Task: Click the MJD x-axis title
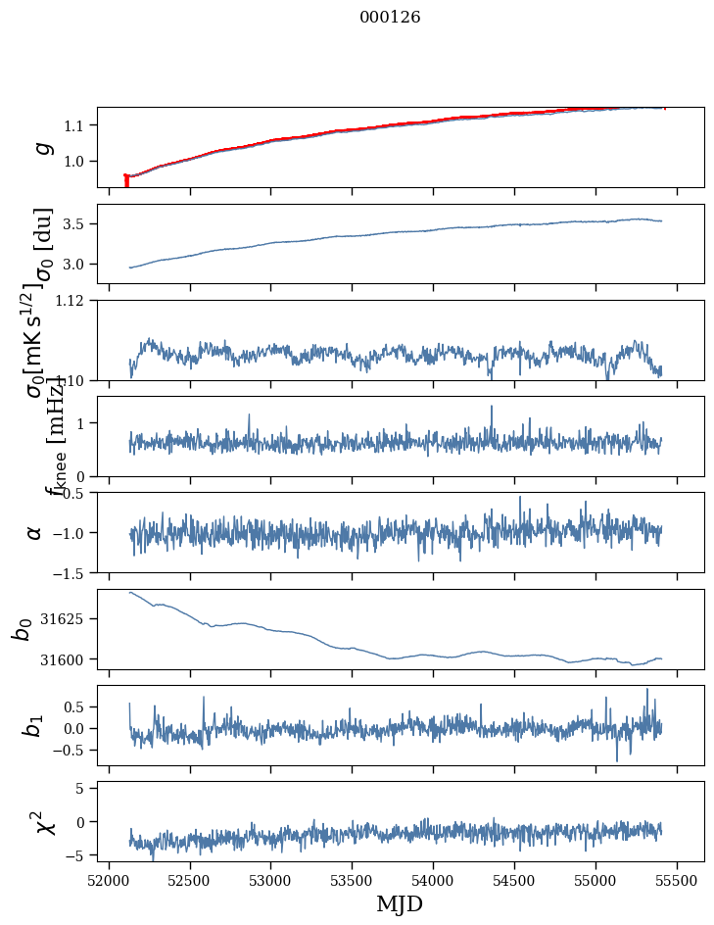point(401,903)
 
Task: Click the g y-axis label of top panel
point(42,147)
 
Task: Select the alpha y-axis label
point(34,532)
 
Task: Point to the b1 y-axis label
point(34,725)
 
